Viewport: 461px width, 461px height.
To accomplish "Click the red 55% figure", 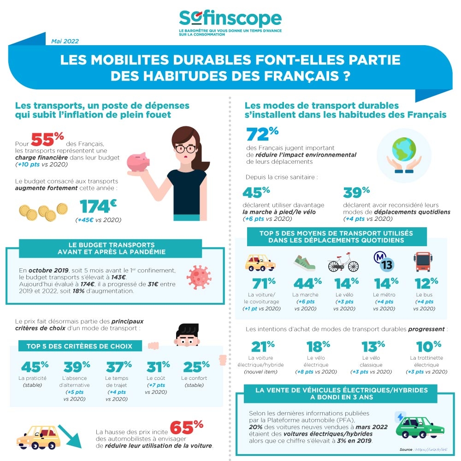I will (x=47, y=139).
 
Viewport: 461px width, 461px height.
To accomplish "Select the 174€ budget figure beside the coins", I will (x=98, y=207).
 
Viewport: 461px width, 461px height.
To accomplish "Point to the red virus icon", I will (x=200, y=277).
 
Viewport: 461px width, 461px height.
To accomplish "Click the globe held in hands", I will (x=403, y=150).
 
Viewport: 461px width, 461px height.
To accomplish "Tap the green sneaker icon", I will (x=304, y=263).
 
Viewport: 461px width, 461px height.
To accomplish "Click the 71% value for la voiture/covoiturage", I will (x=264, y=283).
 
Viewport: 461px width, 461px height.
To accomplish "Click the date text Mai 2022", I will (x=65, y=41).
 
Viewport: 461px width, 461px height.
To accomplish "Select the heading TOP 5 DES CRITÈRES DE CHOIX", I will (x=76, y=346).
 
